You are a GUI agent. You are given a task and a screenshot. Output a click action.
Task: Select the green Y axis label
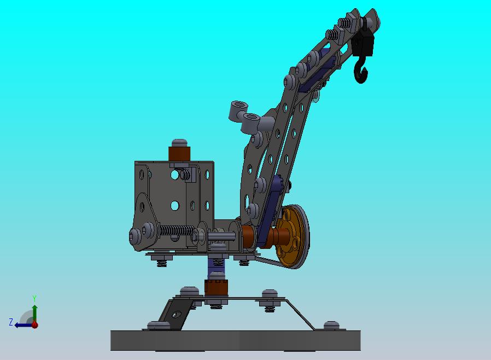point(34,298)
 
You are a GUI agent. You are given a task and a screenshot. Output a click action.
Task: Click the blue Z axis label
point(11,322)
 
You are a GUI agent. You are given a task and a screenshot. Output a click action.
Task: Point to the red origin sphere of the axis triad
point(35,325)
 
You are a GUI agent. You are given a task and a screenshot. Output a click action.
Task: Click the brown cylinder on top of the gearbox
point(179,154)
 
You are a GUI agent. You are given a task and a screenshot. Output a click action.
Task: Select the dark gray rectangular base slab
point(236,340)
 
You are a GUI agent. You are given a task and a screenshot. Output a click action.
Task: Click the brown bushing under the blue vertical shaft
point(216,288)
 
